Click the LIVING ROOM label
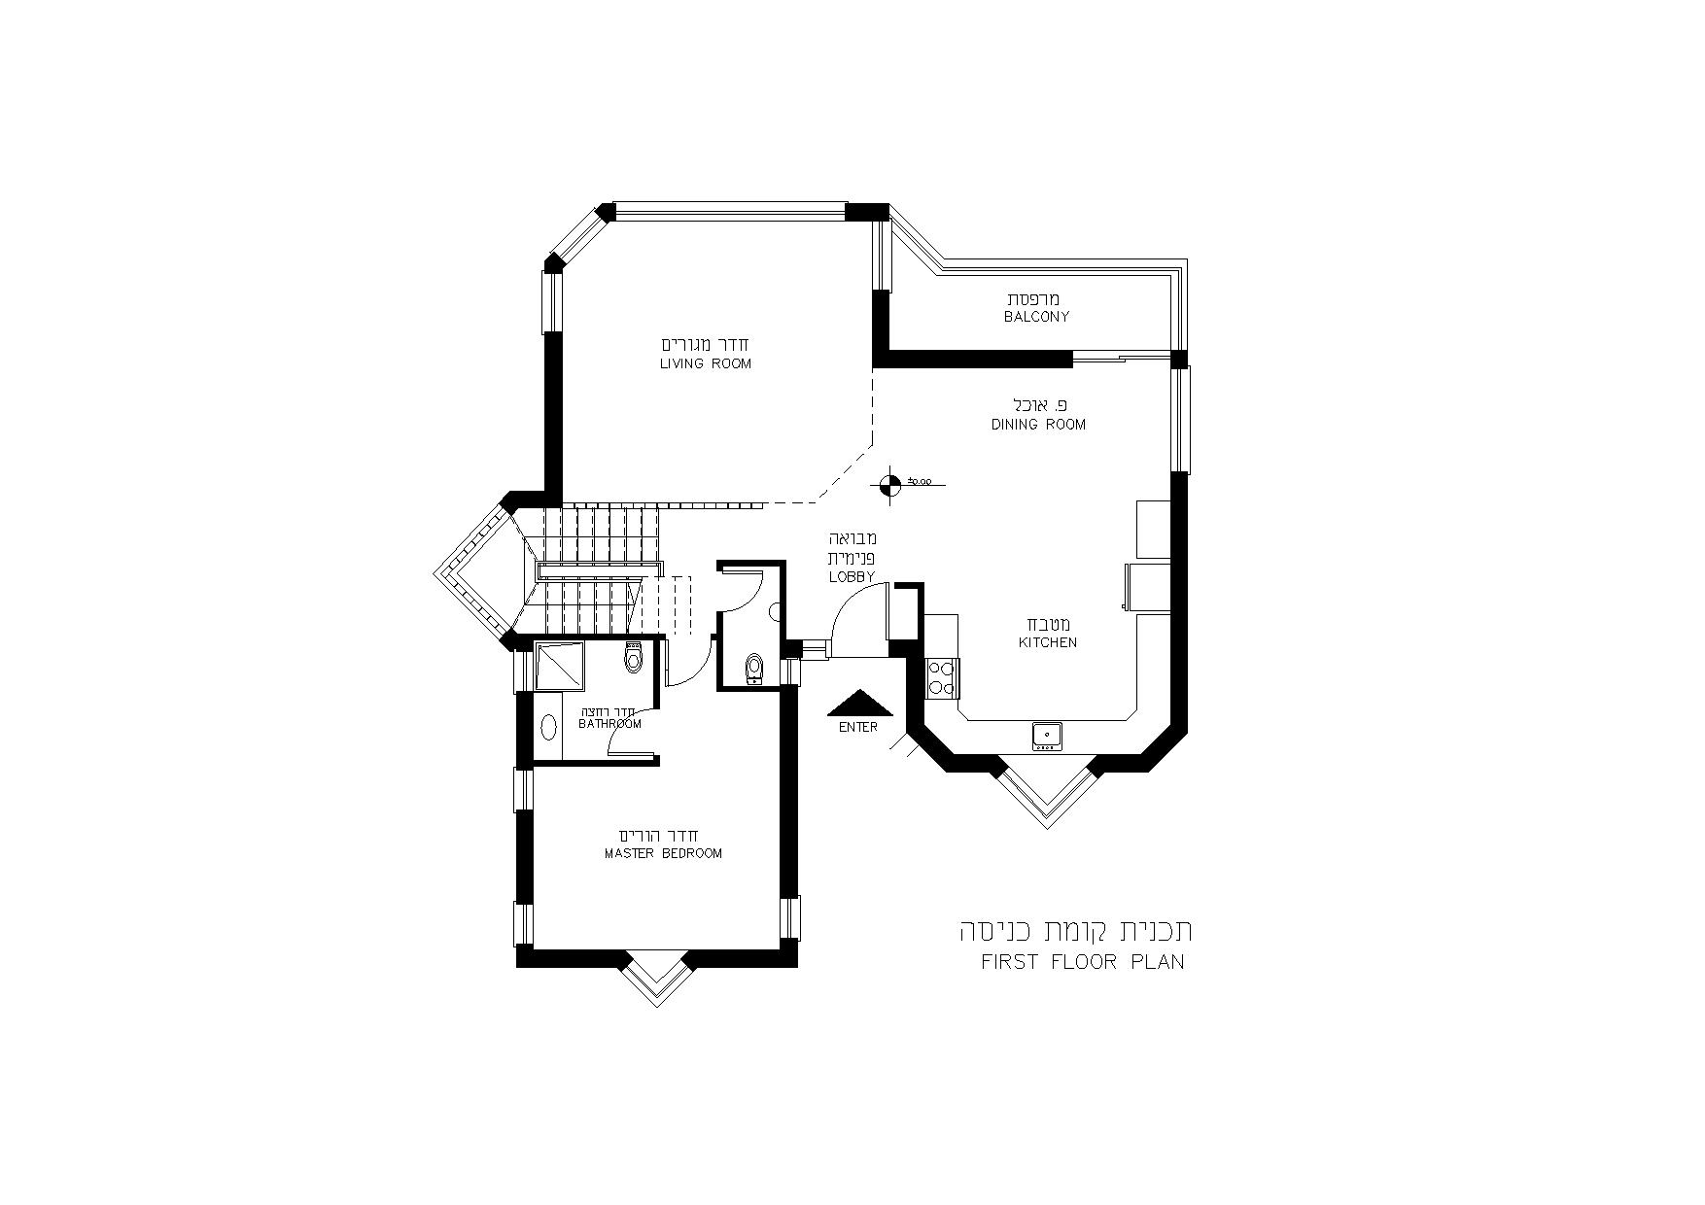tap(706, 364)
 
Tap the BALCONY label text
tap(1037, 317)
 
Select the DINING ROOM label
tap(1038, 425)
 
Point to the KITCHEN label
tap(1048, 642)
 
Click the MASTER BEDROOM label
tap(663, 854)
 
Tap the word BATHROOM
tap(609, 724)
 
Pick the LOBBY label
tap(852, 577)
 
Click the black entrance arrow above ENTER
tap(858, 703)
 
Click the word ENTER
tap(857, 728)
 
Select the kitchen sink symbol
tap(1047, 736)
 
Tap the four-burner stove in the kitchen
tap(942, 676)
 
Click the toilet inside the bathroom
tap(635, 657)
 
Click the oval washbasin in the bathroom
tap(548, 728)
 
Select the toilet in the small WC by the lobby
tap(754, 670)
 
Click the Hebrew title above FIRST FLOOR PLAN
tap(1076, 930)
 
